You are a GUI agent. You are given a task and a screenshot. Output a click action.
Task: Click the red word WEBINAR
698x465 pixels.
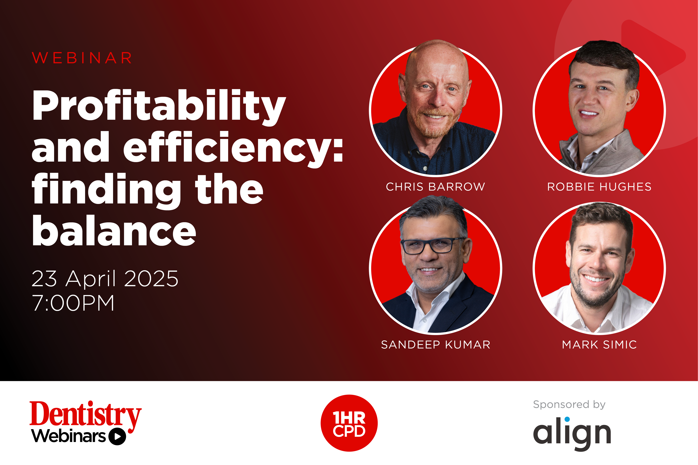click(82, 58)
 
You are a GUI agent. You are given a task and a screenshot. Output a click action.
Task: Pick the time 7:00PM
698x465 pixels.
click(73, 303)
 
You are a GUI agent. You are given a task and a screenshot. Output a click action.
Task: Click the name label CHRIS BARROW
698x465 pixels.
click(435, 187)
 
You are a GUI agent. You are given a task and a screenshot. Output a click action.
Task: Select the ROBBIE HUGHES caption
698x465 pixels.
click(599, 187)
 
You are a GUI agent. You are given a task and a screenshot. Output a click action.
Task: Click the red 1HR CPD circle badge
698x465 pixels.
click(349, 423)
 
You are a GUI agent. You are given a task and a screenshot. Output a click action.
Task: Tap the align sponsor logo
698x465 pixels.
click(572, 434)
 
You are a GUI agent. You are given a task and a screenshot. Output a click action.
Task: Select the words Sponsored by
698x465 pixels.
click(569, 405)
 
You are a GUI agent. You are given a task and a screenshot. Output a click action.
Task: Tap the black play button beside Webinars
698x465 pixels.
click(117, 437)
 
